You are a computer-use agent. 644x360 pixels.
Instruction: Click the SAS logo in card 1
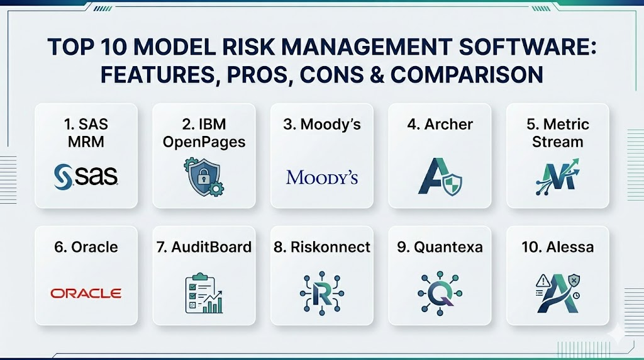tap(86, 176)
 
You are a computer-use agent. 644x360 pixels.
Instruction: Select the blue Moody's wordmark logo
tap(321, 177)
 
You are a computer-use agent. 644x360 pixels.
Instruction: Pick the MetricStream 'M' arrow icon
tap(557, 176)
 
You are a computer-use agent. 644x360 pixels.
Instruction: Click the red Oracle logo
tap(86, 293)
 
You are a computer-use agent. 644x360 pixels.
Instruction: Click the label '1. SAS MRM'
tap(86, 132)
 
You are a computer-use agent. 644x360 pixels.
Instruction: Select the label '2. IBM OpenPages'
tap(204, 132)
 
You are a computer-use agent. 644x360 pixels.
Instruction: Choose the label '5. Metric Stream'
tap(557, 132)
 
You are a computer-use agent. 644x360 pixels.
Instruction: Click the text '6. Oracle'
tap(86, 246)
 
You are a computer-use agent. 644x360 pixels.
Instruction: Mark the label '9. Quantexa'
tap(440, 246)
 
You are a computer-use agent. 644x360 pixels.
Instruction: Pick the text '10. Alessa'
tap(557, 246)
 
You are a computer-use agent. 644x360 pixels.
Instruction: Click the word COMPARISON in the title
tap(467, 74)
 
